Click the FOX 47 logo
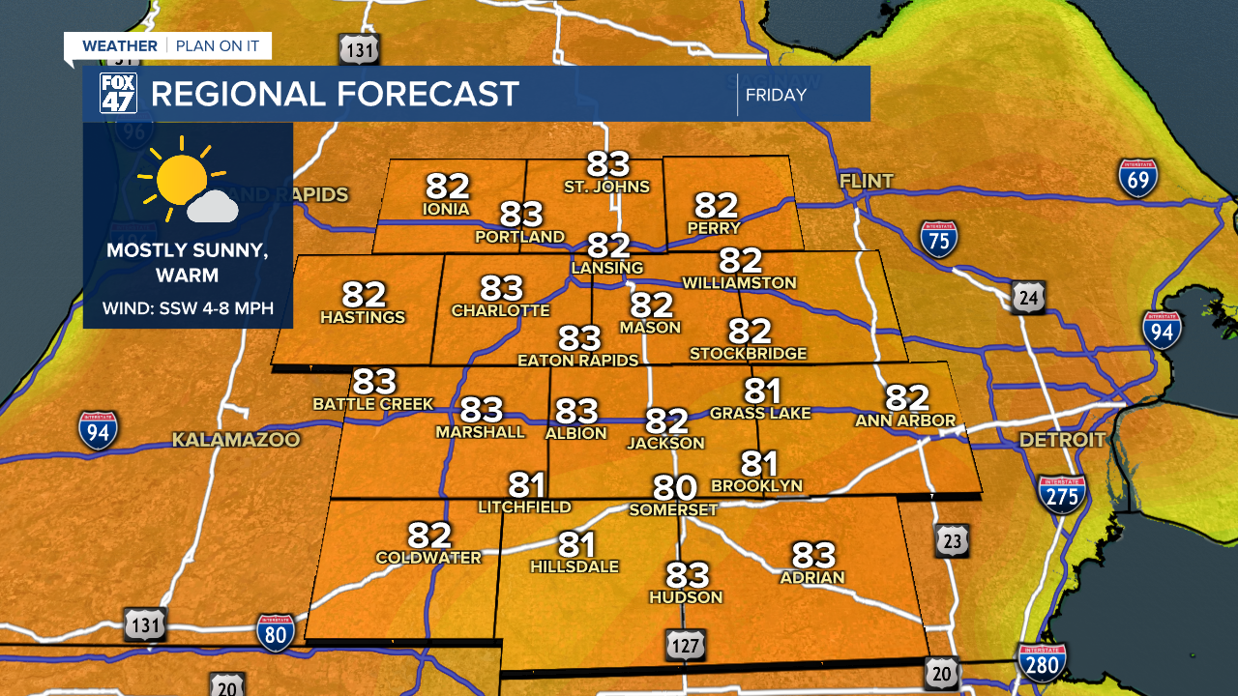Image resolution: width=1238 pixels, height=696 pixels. coord(118,94)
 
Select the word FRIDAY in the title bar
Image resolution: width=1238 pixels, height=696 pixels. coord(776,95)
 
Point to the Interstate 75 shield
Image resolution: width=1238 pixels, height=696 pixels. coord(938,239)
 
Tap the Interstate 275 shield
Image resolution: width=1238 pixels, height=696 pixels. coord(1061,495)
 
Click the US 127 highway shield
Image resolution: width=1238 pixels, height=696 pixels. coord(685,645)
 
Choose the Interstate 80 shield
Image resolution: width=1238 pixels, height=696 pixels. coord(276,631)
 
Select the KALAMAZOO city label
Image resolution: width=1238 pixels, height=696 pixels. coord(236,441)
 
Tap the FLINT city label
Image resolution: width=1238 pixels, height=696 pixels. coord(867,182)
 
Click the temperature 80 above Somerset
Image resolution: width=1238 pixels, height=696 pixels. coord(674,487)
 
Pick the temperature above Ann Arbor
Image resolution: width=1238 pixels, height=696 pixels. coord(906,397)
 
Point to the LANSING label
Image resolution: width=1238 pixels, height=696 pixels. coord(607,268)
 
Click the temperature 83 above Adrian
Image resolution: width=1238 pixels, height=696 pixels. coord(812,555)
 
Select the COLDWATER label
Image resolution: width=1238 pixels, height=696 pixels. coord(428,558)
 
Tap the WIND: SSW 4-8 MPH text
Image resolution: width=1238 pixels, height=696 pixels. coord(189,309)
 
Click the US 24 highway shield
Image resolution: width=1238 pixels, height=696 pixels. coord(1028,298)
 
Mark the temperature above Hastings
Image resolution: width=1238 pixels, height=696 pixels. coord(363,294)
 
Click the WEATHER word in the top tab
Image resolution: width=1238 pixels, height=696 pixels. coord(120,46)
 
